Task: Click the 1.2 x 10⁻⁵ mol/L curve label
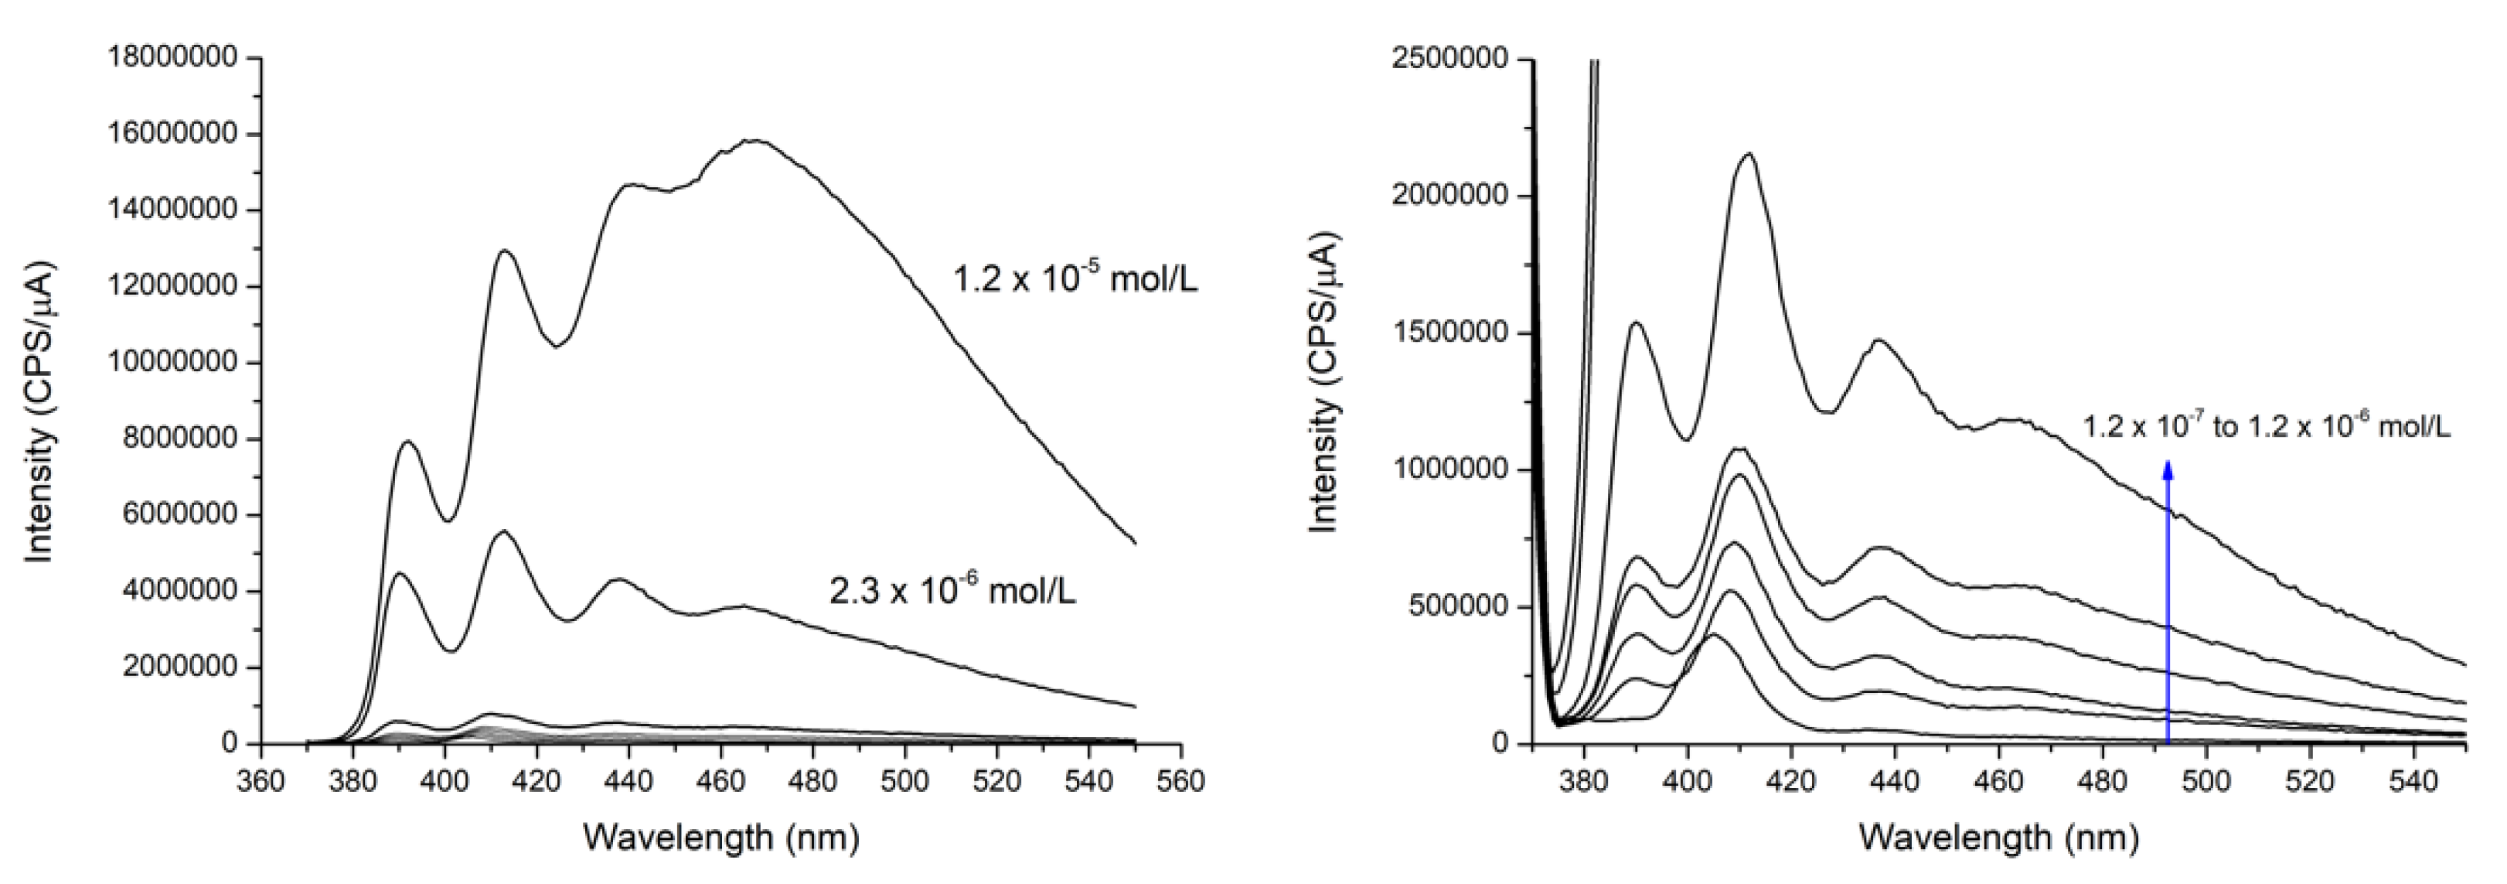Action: [x=1075, y=279]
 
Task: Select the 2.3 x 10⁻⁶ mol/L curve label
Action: [x=952, y=591]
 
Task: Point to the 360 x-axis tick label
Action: [x=260, y=782]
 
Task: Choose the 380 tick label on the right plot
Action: [x=1586, y=782]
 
